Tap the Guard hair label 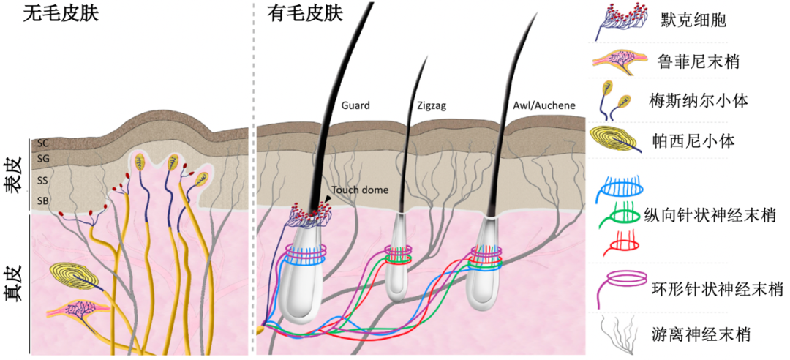[x=355, y=105]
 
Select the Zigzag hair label [x=430, y=105]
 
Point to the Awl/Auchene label [x=544, y=105]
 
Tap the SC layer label [x=42, y=144]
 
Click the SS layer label [x=42, y=180]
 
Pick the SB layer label [x=42, y=200]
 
